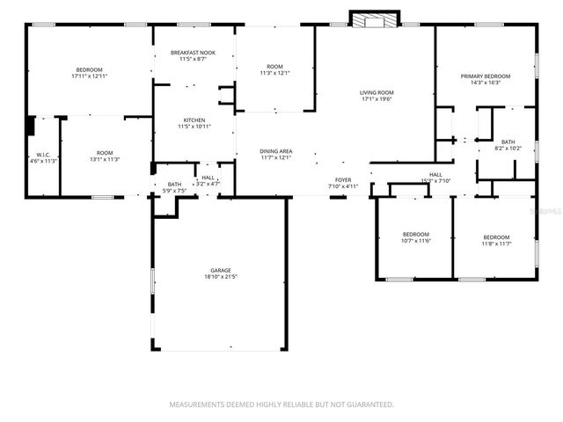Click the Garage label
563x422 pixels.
(x=220, y=270)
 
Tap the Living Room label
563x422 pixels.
(x=377, y=92)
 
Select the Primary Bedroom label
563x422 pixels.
(x=486, y=76)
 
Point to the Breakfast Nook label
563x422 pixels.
(x=194, y=53)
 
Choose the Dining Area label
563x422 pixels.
(x=275, y=151)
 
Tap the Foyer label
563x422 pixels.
(x=343, y=179)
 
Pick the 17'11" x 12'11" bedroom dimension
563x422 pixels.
(x=89, y=76)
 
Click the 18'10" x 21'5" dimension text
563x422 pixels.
(x=220, y=277)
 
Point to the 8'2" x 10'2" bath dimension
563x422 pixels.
(x=508, y=148)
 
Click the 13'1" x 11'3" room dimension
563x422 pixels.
(x=106, y=159)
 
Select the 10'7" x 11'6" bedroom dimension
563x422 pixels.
(x=415, y=241)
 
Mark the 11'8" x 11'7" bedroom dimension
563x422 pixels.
(x=496, y=244)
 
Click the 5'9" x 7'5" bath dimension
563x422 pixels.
(x=174, y=190)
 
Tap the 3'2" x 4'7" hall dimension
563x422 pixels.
(x=208, y=184)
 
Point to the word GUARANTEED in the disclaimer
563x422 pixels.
(x=364, y=404)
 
